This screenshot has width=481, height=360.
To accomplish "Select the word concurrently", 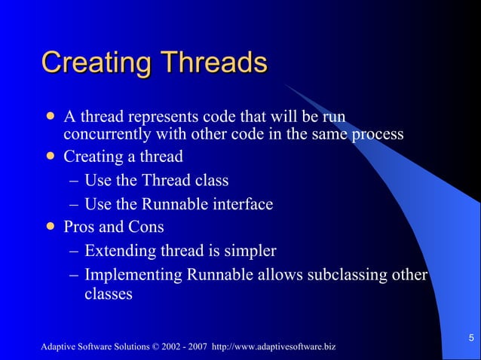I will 108,135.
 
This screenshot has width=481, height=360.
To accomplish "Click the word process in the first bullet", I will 375,135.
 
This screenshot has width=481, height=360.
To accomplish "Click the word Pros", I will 81,227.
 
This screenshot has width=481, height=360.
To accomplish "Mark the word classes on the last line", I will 108,294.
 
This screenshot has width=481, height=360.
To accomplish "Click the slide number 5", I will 470,337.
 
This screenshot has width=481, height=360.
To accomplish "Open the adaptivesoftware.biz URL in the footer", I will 274,346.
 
